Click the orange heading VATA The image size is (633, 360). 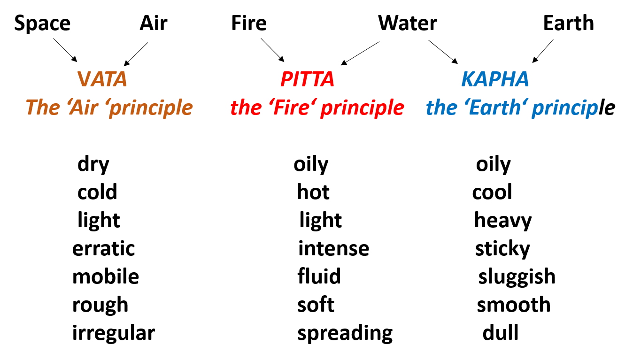tap(102, 79)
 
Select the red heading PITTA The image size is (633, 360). tap(307, 79)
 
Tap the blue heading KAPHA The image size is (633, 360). tap(495, 79)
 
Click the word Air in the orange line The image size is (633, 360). tap(85, 107)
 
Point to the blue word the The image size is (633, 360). tap(441, 107)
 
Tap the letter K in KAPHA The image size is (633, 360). tap(468, 79)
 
